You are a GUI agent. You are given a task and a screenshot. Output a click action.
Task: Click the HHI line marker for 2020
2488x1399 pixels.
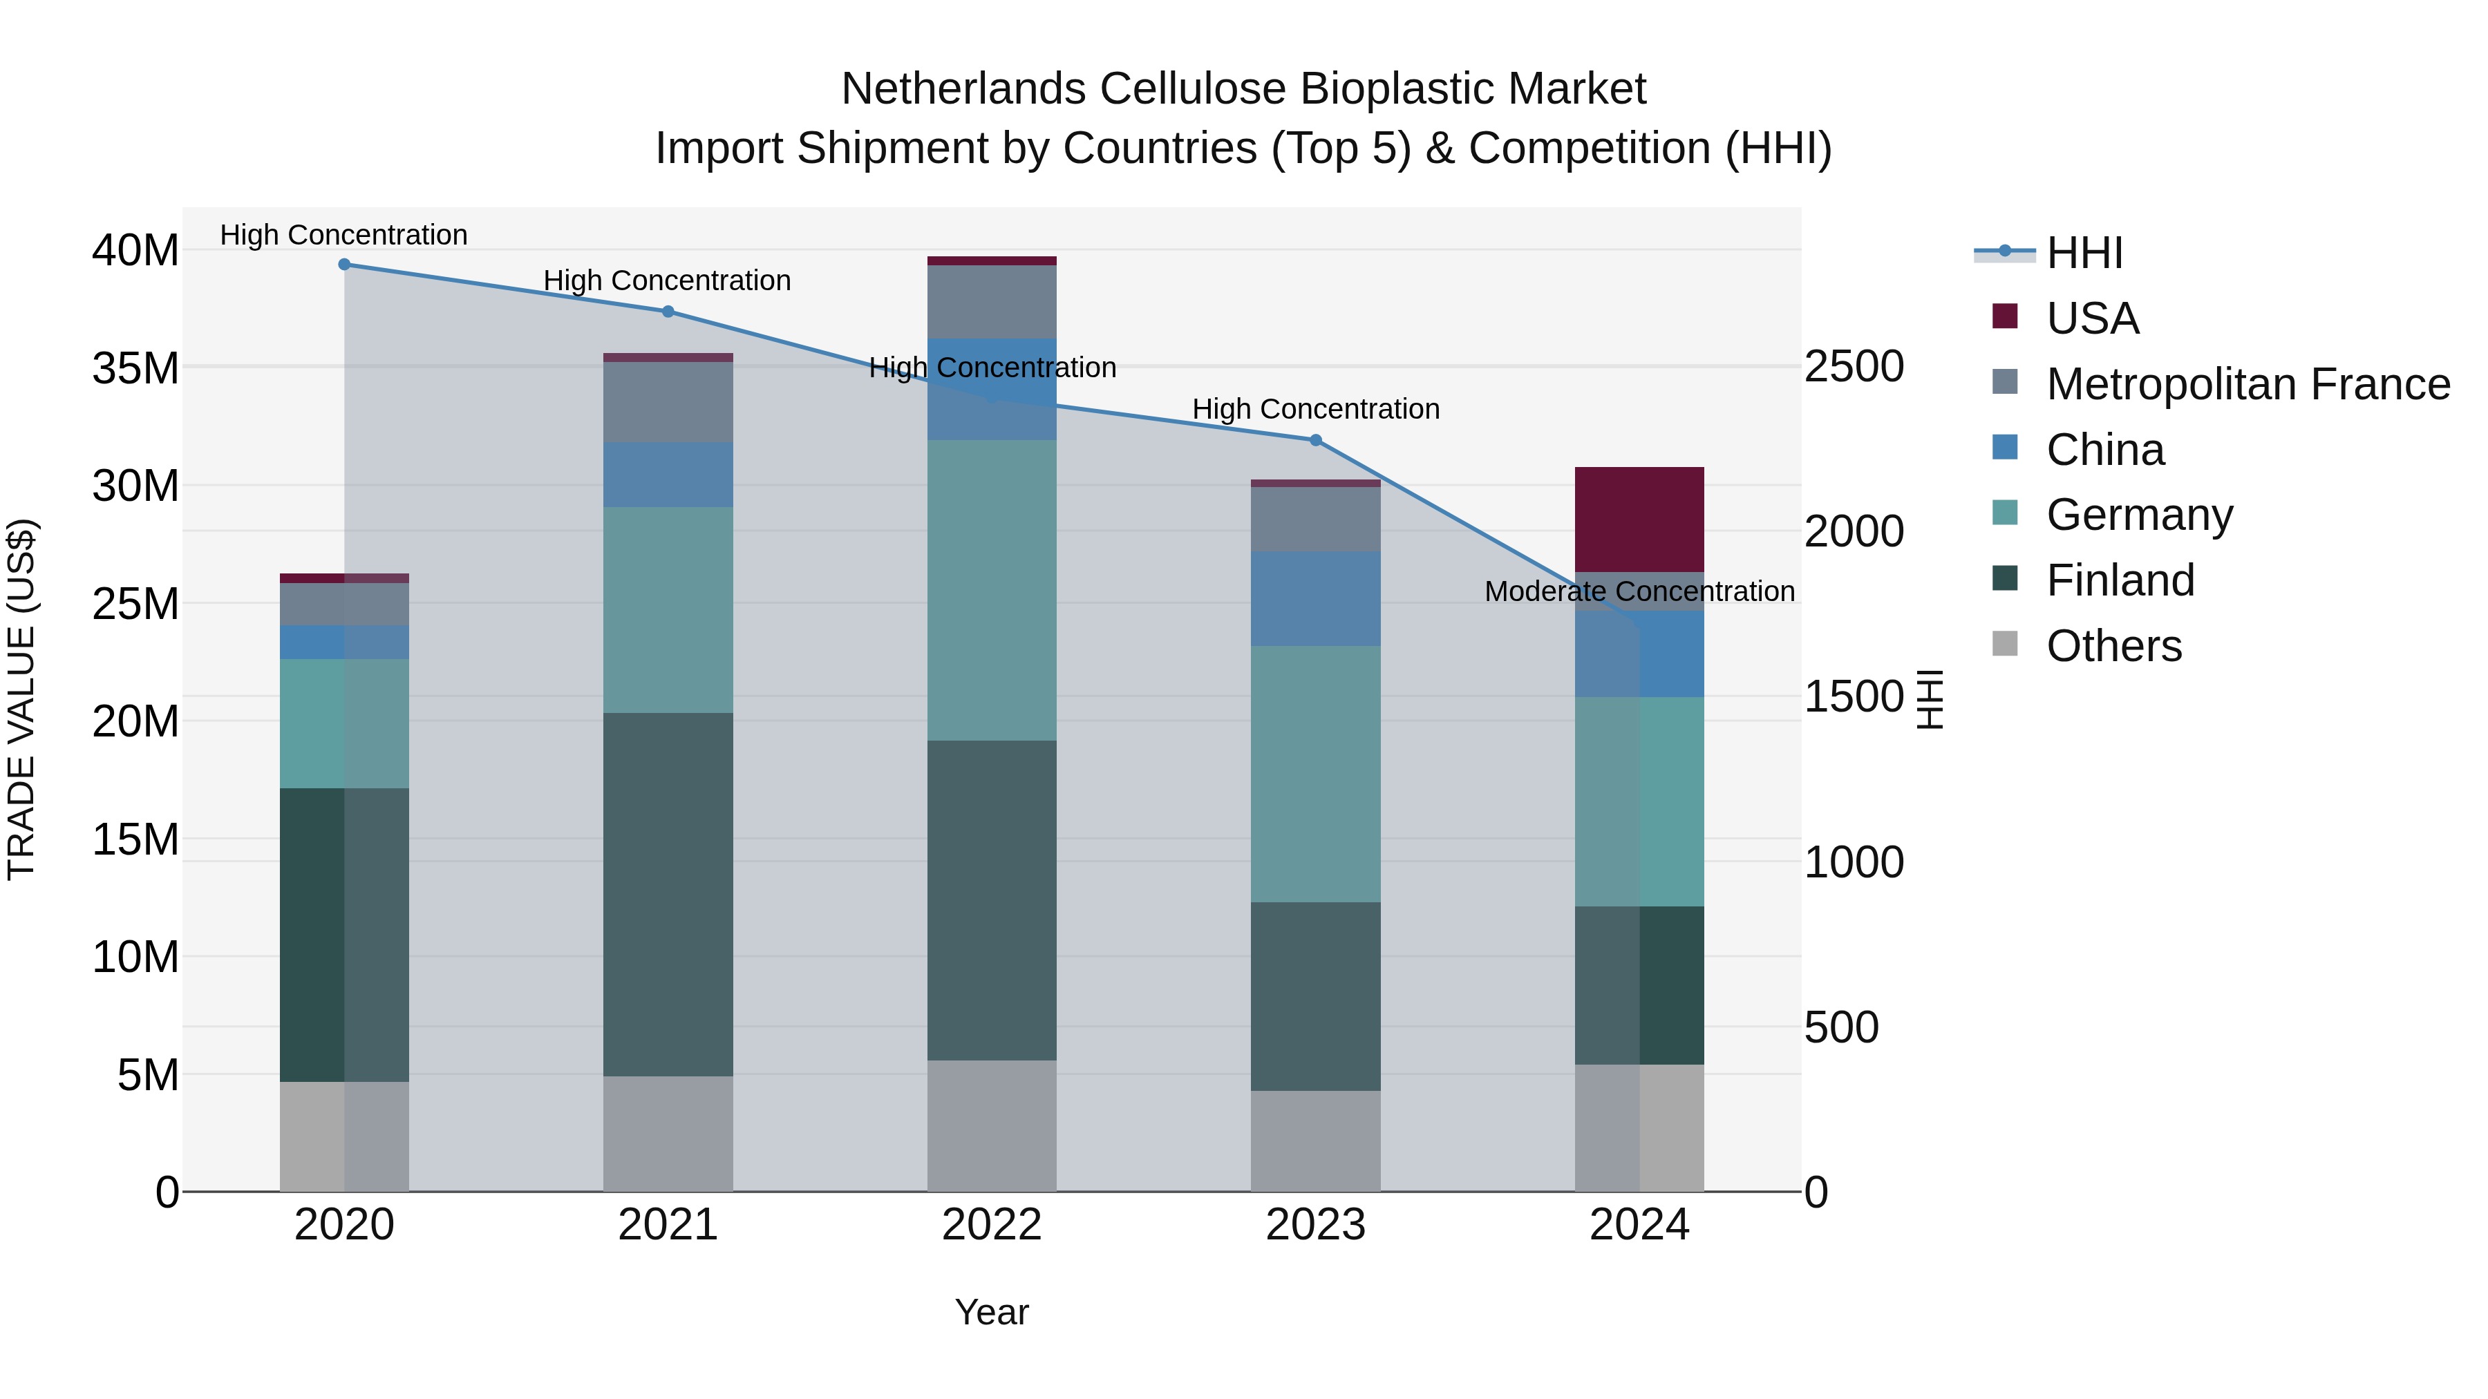[344, 265]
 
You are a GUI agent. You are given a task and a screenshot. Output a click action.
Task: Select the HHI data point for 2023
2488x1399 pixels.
[1315, 440]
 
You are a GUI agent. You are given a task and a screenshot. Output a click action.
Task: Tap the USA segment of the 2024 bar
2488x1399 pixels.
[1639, 520]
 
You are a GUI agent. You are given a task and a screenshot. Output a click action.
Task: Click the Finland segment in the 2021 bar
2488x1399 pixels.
[668, 894]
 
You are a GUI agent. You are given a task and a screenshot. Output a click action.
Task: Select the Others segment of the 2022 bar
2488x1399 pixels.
[992, 1126]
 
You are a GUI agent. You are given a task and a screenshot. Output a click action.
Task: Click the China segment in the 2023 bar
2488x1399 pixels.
[1315, 598]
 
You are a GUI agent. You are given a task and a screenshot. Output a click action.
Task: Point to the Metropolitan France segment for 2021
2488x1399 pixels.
[668, 401]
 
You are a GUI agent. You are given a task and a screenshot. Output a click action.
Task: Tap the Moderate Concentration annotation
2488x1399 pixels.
[1639, 591]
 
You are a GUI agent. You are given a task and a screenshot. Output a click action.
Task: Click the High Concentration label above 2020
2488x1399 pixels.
[344, 235]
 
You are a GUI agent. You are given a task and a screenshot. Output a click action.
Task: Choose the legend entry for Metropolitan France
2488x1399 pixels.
[2247, 384]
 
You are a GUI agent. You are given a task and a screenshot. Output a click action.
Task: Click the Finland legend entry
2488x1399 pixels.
[2120, 580]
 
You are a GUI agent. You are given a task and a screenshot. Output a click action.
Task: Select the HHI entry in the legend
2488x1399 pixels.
[2084, 253]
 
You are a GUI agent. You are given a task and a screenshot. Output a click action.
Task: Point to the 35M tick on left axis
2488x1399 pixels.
[135, 368]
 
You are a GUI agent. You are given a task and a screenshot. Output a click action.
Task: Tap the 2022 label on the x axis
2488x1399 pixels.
[992, 1225]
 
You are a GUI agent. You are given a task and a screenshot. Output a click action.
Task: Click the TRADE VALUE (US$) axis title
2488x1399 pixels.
[21, 699]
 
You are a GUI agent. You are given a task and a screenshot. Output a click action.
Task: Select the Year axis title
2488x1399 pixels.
[992, 1312]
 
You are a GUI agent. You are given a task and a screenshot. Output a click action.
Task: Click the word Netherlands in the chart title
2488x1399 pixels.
[964, 89]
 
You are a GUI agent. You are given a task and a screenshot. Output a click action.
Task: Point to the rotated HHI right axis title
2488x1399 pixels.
[1929, 699]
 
